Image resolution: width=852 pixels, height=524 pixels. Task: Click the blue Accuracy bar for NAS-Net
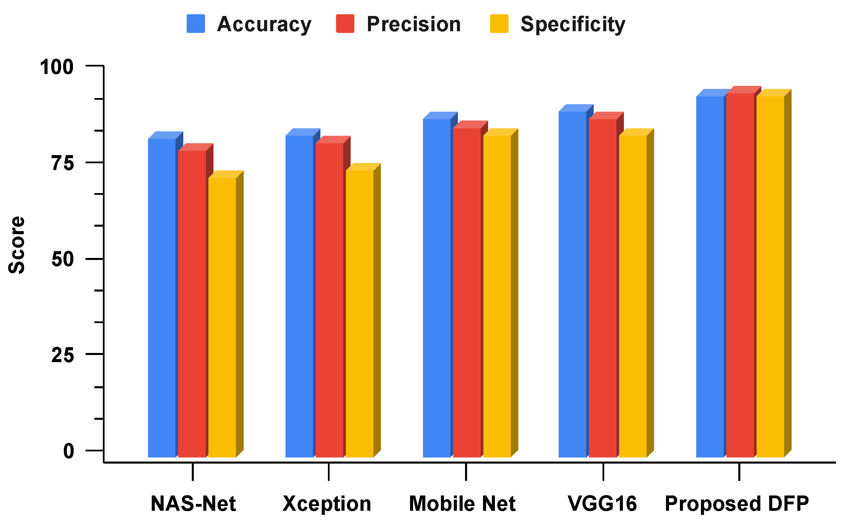pos(162,298)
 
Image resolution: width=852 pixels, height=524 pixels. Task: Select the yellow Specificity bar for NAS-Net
pos(222,317)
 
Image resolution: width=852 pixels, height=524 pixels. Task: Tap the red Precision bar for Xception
pos(329,300)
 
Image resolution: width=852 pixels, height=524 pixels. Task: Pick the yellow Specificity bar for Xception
pos(360,314)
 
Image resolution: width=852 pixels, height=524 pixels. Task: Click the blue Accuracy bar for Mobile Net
pos(437,288)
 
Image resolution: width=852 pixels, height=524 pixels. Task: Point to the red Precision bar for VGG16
pos(603,288)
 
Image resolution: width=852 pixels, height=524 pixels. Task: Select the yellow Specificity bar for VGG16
pos(633,296)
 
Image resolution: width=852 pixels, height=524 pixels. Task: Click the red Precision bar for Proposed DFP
pos(740,276)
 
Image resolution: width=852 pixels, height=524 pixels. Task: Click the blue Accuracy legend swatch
pos(196,23)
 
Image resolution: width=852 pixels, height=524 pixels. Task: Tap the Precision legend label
pos(413,24)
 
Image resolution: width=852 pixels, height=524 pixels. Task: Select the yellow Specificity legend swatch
pos(499,23)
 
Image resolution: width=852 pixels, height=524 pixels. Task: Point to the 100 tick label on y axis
pos(57,67)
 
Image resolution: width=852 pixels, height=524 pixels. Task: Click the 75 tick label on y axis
pos(63,163)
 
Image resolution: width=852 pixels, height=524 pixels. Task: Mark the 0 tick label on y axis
pos(69,451)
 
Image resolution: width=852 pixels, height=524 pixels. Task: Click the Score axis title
pos(17,245)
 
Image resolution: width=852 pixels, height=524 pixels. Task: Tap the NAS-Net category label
pos(193,504)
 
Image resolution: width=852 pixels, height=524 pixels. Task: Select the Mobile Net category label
pos(462,504)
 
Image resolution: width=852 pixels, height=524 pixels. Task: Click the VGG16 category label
pos(603,504)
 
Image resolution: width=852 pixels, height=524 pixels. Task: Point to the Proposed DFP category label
pos(737,504)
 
